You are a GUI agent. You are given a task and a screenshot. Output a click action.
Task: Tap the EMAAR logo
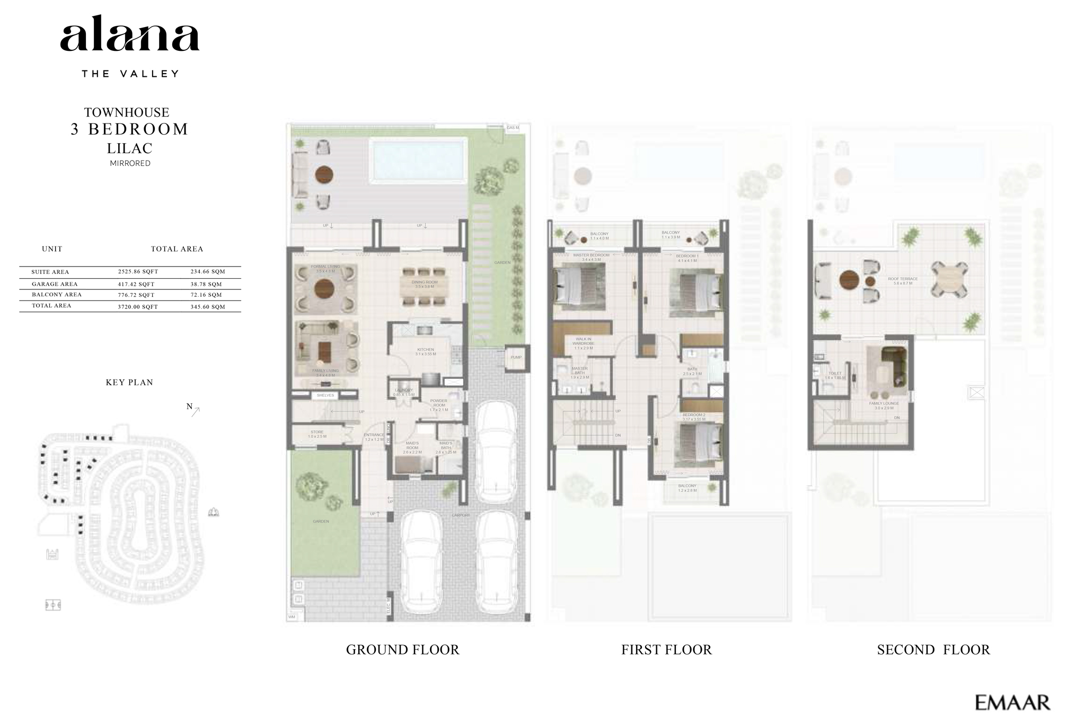[x=1012, y=703]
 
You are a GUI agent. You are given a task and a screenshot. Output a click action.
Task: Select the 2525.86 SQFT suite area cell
[x=138, y=271]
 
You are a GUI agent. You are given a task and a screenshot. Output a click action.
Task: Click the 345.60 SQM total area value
[x=207, y=306]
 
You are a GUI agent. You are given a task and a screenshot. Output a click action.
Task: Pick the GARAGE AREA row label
[x=55, y=284]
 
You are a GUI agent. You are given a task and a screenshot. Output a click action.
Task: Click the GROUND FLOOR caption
[x=402, y=649]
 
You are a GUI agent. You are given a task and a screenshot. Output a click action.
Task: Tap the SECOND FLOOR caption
[x=933, y=649]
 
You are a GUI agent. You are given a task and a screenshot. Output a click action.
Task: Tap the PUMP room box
[x=516, y=358]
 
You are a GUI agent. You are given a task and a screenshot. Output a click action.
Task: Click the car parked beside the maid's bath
[x=496, y=450]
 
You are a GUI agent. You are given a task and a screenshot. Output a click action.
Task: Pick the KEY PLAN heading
[x=129, y=382]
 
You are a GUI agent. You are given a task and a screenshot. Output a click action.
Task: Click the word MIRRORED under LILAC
[x=130, y=163]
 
